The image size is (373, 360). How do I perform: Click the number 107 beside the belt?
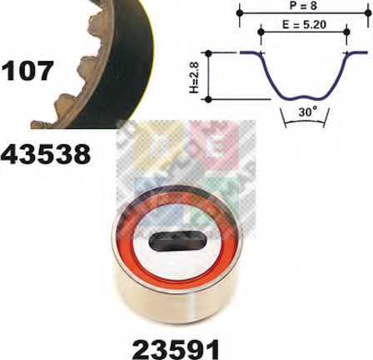tap(27, 71)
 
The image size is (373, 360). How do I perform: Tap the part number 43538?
tap(46, 154)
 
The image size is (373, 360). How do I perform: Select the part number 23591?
tap(176, 347)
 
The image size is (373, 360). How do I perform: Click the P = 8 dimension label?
tap(303, 5)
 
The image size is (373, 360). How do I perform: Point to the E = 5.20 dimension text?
tap(304, 25)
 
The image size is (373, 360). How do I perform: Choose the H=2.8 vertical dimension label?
tap(195, 77)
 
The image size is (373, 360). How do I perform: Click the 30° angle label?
tap(308, 112)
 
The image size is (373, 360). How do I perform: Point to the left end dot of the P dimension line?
tap(241, 12)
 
